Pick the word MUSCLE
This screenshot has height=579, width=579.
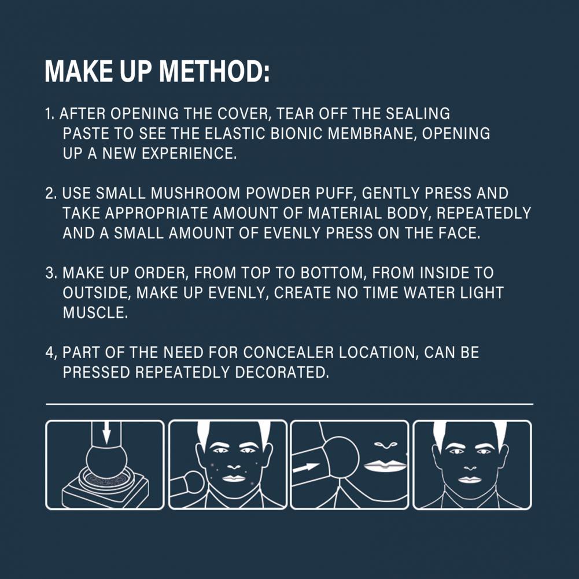95,313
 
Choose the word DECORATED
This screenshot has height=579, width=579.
281,373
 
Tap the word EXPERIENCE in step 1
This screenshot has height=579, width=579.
189,153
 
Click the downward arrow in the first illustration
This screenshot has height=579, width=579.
106,433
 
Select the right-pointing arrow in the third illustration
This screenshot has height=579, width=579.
306,467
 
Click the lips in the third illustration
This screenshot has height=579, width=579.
385,465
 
